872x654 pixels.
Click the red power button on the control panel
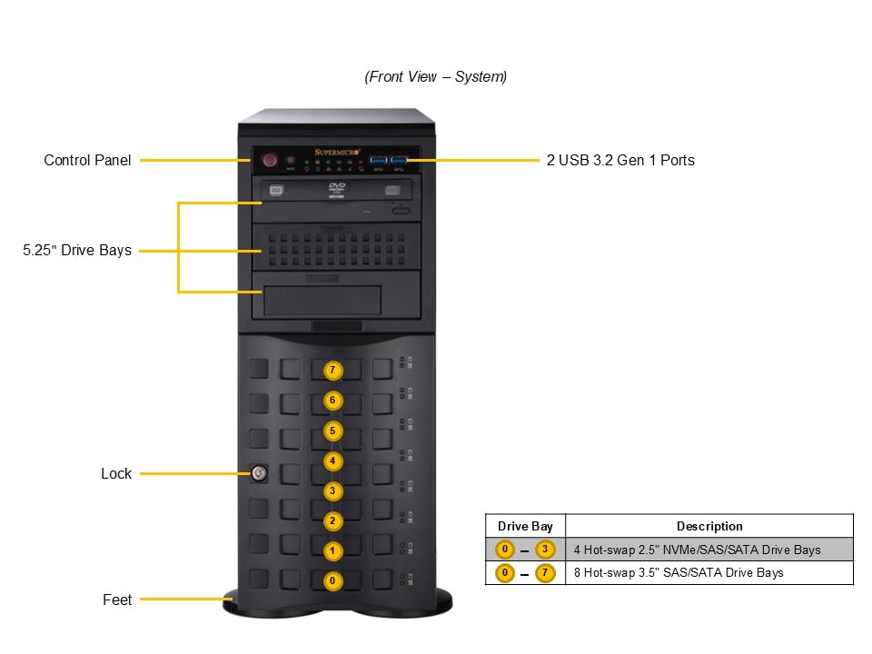pyautogui.click(x=269, y=161)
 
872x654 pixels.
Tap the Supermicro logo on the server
pyautogui.click(x=337, y=152)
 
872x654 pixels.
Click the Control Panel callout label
pyautogui.click(x=87, y=161)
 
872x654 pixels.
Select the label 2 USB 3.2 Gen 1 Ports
pyautogui.click(x=620, y=161)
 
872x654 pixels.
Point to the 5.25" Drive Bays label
pyautogui.click(x=77, y=250)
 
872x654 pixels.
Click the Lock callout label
pyautogui.click(x=116, y=473)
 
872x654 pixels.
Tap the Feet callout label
pyautogui.click(x=117, y=599)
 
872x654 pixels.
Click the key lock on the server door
pyautogui.click(x=258, y=472)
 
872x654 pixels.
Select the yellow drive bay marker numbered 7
pyautogui.click(x=333, y=371)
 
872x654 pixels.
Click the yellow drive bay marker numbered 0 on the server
pyautogui.click(x=333, y=580)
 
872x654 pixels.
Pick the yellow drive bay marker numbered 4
pyautogui.click(x=333, y=461)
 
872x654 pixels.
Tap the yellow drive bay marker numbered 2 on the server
pyautogui.click(x=333, y=520)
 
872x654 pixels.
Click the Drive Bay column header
pyautogui.click(x=525, y=526)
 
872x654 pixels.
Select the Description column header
pyautogui.click(x=709, y=526)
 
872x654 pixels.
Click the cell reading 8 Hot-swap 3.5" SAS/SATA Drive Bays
pyautogui.click(x=679, y=572)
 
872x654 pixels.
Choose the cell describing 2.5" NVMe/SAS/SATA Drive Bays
pyautogui.click(x=697, y=550)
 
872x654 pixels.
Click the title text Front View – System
pyautogui.click(x=436, y=77)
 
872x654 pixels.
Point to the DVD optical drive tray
pyautogui.click(x=336, y=190)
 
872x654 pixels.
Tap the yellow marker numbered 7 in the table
pyautogui.click(x=545, y=573)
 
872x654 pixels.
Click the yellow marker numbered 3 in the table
pyautogui.click(x=545, y=550)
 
